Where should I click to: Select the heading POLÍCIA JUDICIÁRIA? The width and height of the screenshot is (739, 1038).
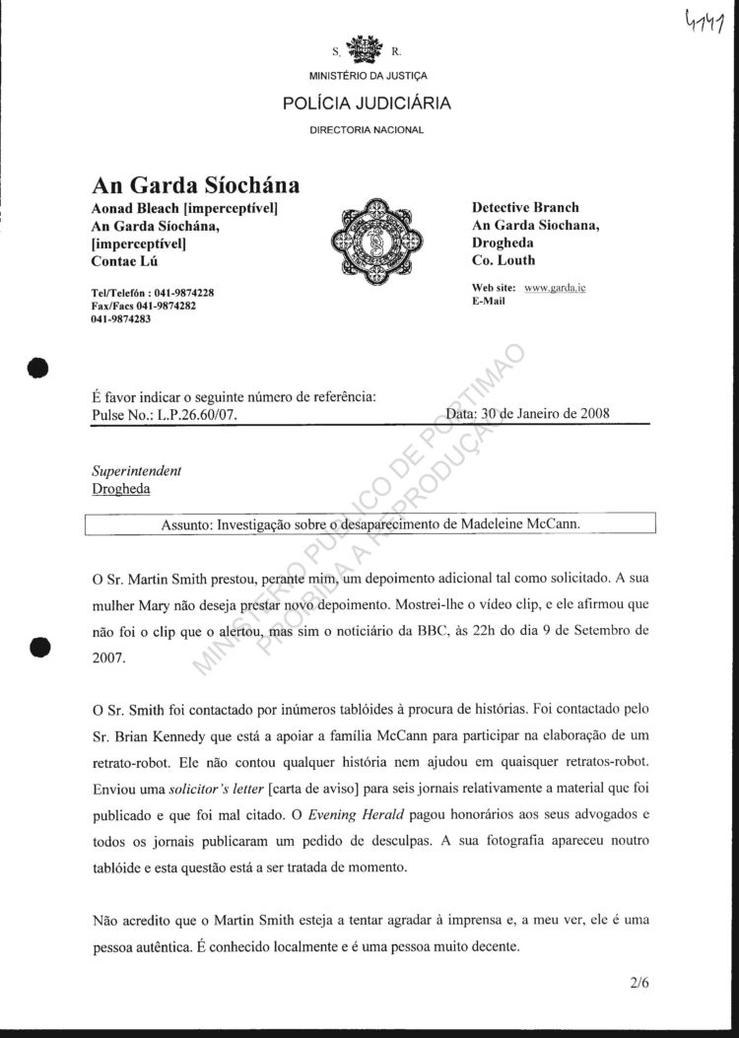(369, 103)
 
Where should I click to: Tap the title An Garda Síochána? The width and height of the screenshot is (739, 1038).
(195, 185)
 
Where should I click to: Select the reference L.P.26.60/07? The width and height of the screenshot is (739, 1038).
(197, 414)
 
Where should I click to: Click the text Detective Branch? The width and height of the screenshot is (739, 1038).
(525, 208)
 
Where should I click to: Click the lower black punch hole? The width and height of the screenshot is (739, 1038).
(38, 647)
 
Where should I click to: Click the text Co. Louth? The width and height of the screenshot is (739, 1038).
(504, 261)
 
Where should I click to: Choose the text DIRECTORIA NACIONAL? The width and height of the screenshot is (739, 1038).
(368, 130)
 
